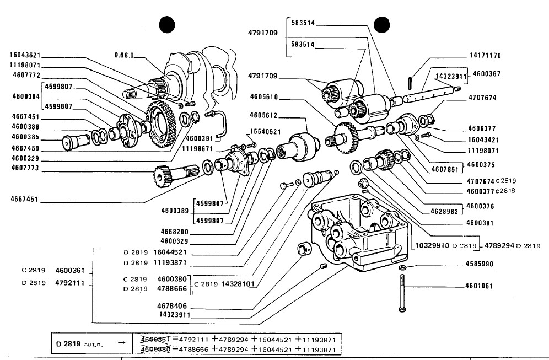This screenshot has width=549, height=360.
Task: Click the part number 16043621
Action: click(25, 55)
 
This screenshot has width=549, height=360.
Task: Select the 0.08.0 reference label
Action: click(124, 55)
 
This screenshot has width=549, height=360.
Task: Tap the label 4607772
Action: click(26, 76)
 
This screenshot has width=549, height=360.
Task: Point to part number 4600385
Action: click(25, 137)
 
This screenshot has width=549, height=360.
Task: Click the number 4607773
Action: click(25, 168)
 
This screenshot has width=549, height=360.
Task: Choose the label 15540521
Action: click(265, 132)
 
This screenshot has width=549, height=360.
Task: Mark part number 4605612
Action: click(263, 115)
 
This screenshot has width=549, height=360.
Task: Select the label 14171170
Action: click(485, 55)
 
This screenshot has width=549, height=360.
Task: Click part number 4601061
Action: click(479, 286)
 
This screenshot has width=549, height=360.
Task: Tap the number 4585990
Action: click(480, 264)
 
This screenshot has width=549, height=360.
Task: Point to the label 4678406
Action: click(172, 306)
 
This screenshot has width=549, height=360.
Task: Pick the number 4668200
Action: click(174, 232)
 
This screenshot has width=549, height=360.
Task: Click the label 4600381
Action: click(480, 223)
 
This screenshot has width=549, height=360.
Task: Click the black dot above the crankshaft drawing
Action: click(167, 24)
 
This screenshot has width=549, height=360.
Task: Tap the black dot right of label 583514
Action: click(381, 25)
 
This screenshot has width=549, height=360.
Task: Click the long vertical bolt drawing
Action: click(402, 293)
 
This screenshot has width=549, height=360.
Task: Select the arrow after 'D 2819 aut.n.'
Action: click(121, 342)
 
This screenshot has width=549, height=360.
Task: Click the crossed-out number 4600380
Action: click(155, 349)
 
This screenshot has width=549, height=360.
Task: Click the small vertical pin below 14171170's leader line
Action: click(411, 83)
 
